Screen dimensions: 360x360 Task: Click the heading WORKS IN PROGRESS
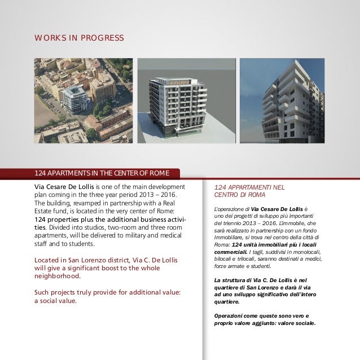click(x=79, y=38)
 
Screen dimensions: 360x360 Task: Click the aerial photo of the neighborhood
click(x=83, y=100)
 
